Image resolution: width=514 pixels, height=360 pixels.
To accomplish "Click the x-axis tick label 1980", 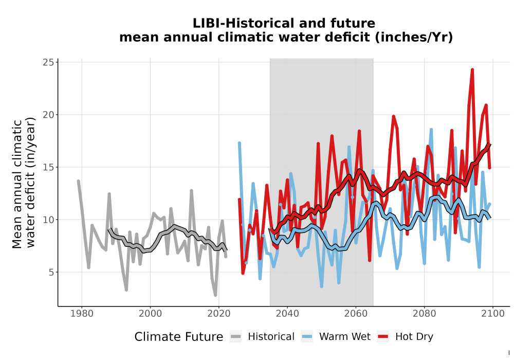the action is [x=82, y=314].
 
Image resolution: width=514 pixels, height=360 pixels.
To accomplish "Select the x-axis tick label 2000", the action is [x=150, y=314].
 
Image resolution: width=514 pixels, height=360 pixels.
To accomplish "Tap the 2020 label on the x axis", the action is [x=218, y=314].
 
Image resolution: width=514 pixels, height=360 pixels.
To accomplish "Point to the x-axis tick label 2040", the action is [x=287, y=314].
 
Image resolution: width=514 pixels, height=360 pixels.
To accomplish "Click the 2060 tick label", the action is [x=356, y=314].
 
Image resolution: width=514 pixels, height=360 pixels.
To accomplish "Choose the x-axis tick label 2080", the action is [x=424, y=314].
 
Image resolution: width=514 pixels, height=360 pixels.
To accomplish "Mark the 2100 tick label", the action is [x=493, y=314].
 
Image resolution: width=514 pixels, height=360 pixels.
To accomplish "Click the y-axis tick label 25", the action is [x=48, y=62].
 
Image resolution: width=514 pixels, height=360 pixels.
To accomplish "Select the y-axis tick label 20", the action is [x=48, y=115].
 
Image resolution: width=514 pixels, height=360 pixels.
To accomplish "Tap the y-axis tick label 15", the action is [x=48, y=167].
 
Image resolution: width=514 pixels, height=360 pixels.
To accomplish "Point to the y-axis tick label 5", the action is [x=51, y=272].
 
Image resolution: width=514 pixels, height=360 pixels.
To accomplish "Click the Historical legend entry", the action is [x=262, y=337].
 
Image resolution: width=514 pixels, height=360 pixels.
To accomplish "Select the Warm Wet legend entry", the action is [x=336, y=337].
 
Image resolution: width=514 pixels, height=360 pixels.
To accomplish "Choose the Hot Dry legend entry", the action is [x=405, y=337].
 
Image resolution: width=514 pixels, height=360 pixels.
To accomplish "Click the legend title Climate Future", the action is [x=179, y=337].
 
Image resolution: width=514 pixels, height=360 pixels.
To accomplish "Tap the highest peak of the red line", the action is [x=472, y=69].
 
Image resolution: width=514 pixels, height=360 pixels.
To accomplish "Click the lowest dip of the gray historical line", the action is [x=215, y=295].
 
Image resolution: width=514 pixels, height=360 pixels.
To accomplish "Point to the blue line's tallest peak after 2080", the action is [x=431, y=130].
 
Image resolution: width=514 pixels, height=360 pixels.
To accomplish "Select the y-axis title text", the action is [x=23, y=183].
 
